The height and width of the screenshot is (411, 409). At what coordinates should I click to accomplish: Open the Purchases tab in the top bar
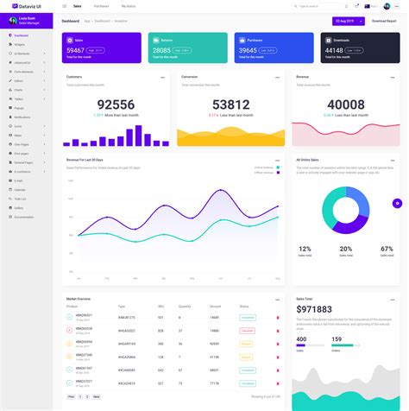point(101,6)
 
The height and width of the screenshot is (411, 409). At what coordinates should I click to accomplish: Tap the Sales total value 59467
point(76,50)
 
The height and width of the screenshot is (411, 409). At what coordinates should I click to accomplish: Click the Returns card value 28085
point(161,50)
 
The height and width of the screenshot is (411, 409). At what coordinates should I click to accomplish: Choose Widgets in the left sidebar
point(20,43)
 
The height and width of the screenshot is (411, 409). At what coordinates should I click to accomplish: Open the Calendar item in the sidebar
point(20,189)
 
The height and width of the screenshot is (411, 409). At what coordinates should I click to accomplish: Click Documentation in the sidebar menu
point(24,217)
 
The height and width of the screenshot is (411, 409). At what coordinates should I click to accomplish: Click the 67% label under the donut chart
point(386,249)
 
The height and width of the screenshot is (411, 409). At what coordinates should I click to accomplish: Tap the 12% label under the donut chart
point(305,249)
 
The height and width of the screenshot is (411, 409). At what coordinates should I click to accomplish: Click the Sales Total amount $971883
point(316,309)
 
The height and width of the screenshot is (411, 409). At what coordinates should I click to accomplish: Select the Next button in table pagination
point(97,396)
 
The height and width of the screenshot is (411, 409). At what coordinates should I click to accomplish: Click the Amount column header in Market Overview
point(215,307)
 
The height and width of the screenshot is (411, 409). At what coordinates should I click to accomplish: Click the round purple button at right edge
point(397,203)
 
